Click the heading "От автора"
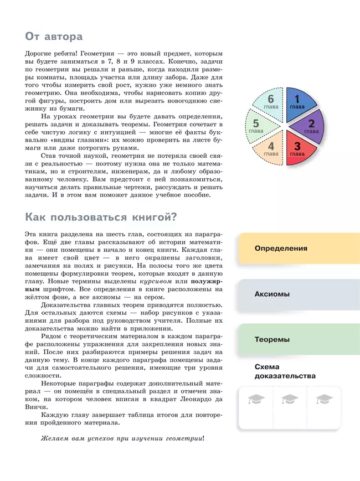point(54,37)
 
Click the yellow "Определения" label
point(281,248)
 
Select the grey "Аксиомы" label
point(272,294)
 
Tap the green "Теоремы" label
point(272,339)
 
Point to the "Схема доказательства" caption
point(285,371)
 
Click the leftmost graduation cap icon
point(255,399)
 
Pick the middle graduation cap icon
point(290,399)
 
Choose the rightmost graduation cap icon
point(324,399)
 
